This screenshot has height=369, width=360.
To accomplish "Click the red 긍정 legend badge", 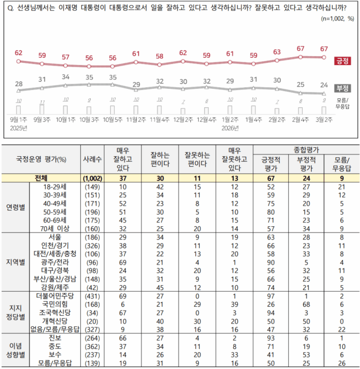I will [342, 61].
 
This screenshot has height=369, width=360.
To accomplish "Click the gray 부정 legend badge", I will [342, 88].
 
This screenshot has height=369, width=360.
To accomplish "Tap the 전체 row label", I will [57, 178].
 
